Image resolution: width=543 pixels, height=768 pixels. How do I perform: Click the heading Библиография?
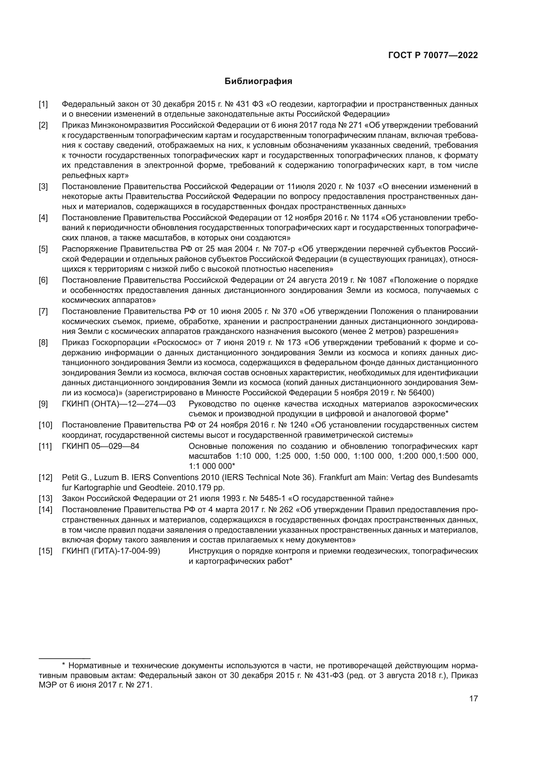258,81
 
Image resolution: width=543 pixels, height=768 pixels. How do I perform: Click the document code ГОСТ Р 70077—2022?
433,55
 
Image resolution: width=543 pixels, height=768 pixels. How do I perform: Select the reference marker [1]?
43,104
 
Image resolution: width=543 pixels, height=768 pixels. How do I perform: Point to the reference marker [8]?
43,343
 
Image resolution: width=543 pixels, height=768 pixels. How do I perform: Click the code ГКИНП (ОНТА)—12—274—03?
119,404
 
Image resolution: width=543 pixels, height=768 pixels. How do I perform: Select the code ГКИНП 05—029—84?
101,447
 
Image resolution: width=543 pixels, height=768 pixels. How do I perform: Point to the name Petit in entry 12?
70,478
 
